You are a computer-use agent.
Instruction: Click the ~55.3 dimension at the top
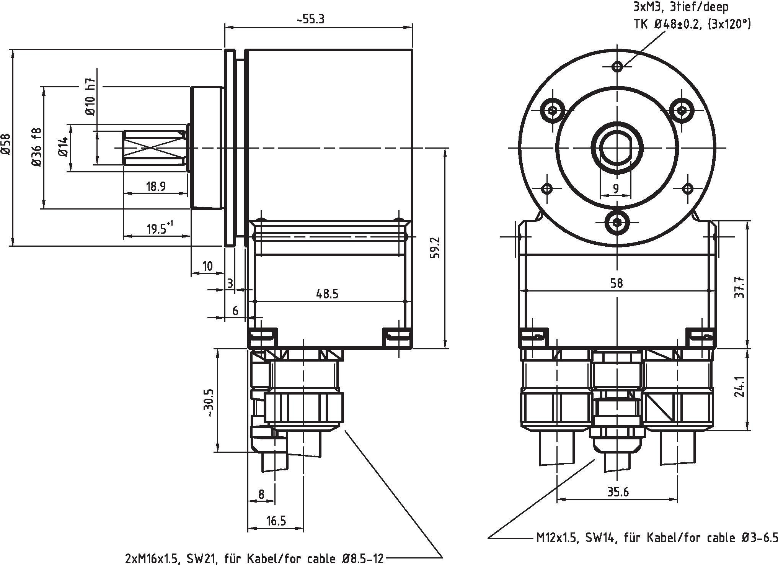(310, 20)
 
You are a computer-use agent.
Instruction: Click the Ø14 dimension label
(64, 147)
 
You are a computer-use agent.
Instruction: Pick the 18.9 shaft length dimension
(156, 187)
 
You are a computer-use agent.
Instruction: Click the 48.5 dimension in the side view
(327, 294)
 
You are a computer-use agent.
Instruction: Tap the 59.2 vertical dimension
(436, 248)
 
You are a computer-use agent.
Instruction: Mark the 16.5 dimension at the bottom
(276, 521)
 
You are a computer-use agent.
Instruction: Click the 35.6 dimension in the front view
(618, 492)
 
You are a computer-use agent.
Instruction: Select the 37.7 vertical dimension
(739, 287)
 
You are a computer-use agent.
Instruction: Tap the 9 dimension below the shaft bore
(616, 188)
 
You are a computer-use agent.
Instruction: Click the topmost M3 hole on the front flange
(617, 66)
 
